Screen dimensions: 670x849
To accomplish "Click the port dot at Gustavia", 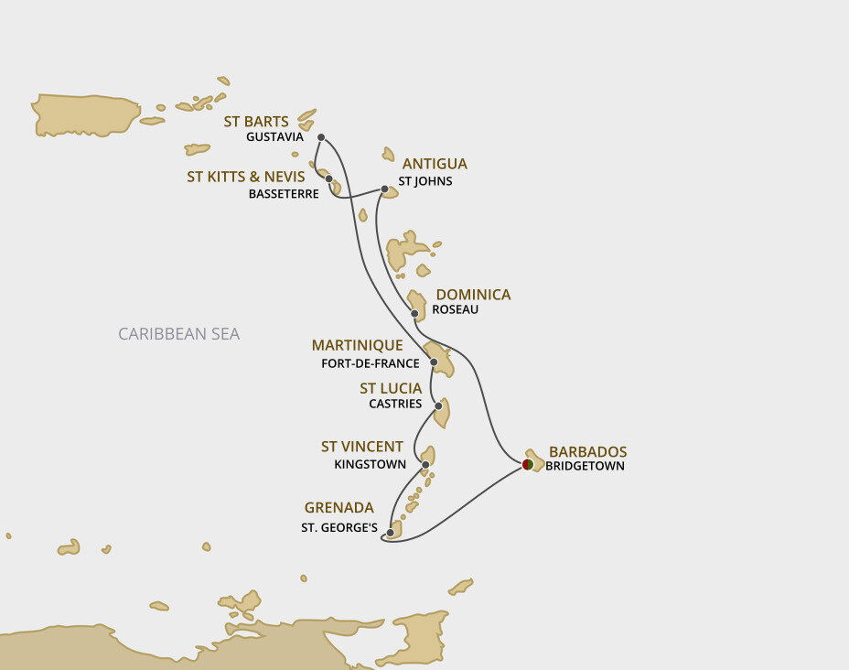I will tap(321, 137).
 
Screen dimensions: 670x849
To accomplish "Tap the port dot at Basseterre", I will tap(328, 178).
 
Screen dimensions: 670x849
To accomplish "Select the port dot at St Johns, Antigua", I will tap(384, 189).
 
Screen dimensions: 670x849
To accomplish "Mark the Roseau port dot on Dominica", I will tap(414, 314).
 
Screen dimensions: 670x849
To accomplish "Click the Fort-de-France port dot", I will tap(434, 362).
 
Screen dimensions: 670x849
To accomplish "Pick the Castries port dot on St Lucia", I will tap(439, 405).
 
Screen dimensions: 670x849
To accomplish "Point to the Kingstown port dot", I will tap(425, 465).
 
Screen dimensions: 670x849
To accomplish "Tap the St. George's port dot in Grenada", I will tap(391, 533).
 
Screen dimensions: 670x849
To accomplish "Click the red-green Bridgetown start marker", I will tap(527, 465).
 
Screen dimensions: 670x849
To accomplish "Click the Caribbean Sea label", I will tap(179, 334).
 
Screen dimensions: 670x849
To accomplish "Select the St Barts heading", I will tap(256, 122).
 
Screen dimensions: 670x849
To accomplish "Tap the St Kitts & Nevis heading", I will tap(246, 177).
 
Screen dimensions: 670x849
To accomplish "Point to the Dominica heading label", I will tap(473, 295).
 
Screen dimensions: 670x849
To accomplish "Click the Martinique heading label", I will tap(357, 345).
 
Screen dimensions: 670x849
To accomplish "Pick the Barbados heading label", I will tap(587, 451).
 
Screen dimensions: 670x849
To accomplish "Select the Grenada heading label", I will tap(339, 507).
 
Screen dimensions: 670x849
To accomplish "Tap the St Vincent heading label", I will tap(361, 447).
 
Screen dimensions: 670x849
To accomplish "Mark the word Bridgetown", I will tap(585, 466).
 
